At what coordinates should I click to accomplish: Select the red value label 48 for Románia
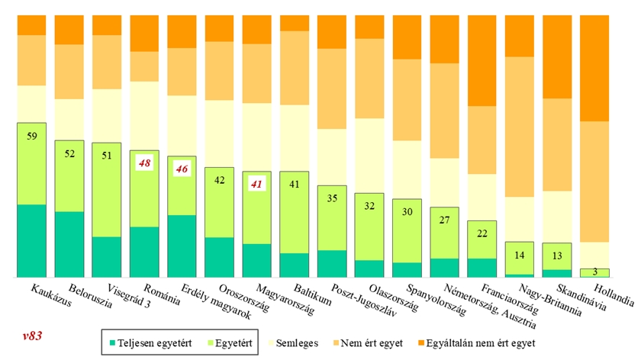click(143, 164)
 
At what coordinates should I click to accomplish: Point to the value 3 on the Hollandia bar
click(594, 272)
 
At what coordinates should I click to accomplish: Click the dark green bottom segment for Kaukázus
click(31, 240)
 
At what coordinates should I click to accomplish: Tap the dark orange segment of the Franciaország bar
click(482, 61)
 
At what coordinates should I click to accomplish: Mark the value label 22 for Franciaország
click(482, 233)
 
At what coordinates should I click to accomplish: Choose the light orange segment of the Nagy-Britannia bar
click(519, 126)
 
